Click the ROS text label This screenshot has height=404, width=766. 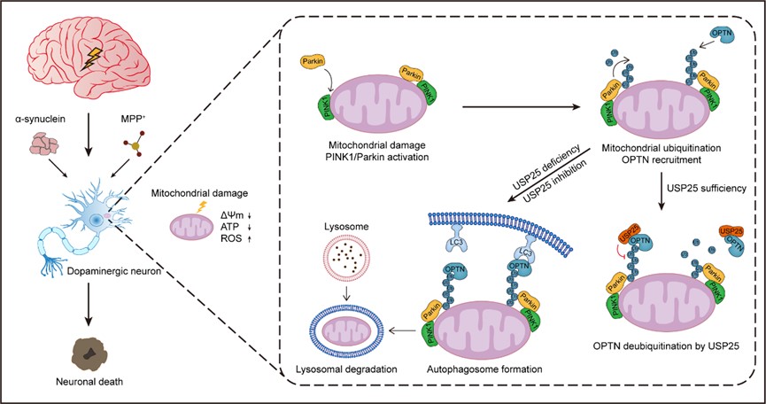pos(227,239)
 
